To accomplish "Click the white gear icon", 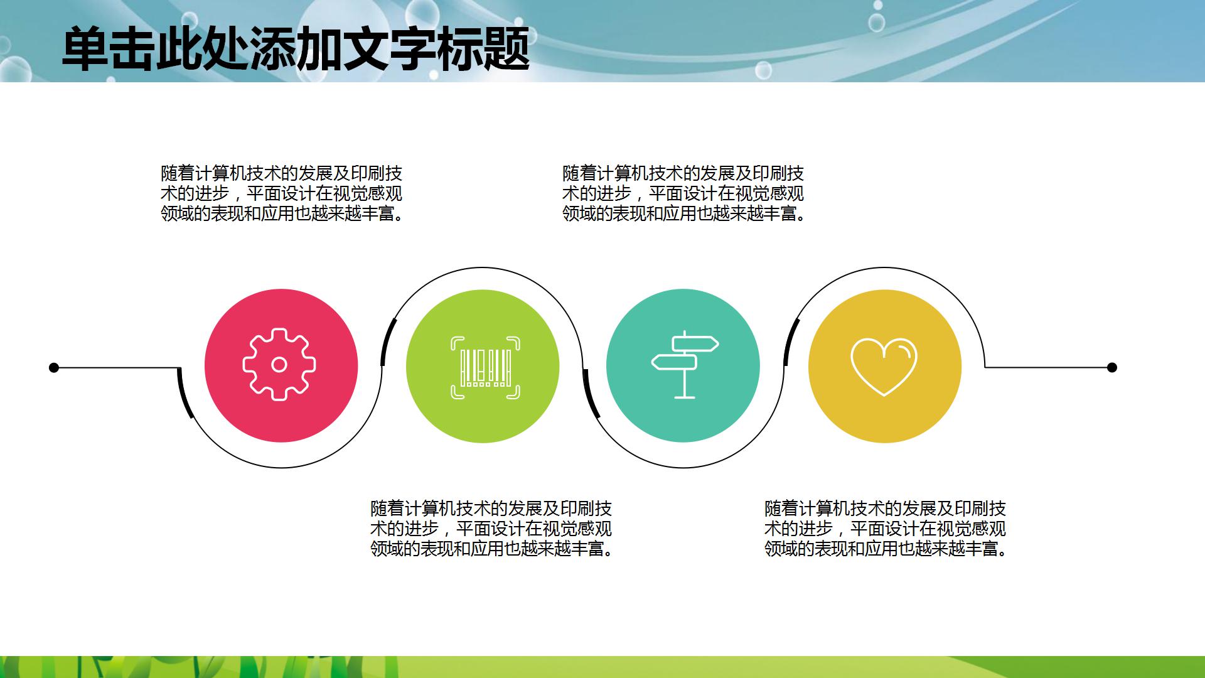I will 280,364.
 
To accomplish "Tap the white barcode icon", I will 485,368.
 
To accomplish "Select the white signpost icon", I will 684,364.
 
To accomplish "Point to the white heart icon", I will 884,367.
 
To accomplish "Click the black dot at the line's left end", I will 54,367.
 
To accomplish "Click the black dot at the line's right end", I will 1112,367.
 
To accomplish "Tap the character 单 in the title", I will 85,49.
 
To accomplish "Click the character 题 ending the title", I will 506,49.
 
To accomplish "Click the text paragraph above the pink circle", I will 281,193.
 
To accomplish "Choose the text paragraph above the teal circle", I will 683,193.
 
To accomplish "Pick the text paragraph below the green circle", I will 491,529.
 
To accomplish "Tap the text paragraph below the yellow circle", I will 885,529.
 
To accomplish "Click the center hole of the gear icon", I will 280,364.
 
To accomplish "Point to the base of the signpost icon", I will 684,396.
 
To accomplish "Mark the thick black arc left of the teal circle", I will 590,394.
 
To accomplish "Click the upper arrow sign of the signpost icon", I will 695,344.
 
